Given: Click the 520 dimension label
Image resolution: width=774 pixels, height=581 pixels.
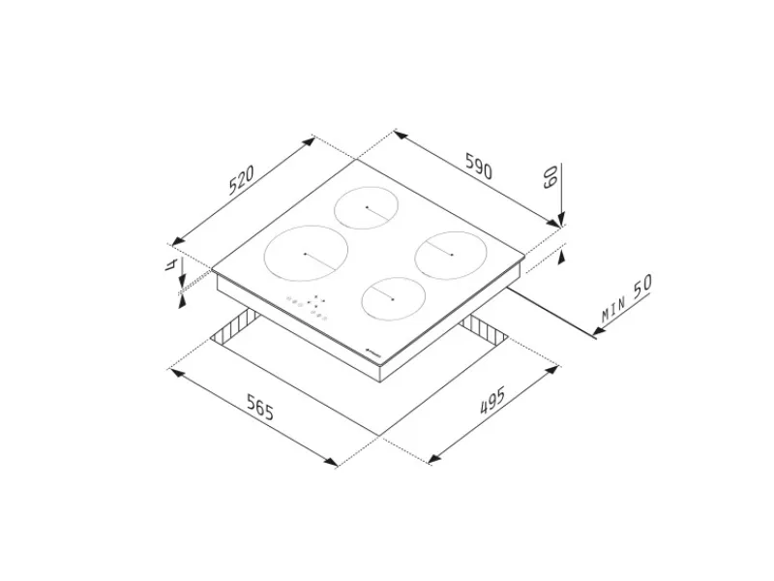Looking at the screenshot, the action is [x=241, y=180].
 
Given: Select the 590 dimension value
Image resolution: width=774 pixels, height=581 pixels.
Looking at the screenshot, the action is [x=479, y=166].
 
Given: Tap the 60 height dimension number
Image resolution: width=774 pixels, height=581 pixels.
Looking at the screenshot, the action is [x=550, y=177].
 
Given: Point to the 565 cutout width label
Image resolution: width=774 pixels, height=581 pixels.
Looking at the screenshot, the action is [x=260, y=407].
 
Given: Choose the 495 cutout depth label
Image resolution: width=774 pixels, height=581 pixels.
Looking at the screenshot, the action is [x=492, y=400].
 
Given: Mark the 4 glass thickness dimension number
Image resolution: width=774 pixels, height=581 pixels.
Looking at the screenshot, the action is [x=171, y=264].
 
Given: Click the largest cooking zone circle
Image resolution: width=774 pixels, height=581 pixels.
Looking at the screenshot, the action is [x=306, y=254].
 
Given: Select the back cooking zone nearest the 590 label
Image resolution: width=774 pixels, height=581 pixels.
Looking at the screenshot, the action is [x=366, y=207].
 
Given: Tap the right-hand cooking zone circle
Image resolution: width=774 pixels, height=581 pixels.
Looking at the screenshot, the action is [x=451, y=255].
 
